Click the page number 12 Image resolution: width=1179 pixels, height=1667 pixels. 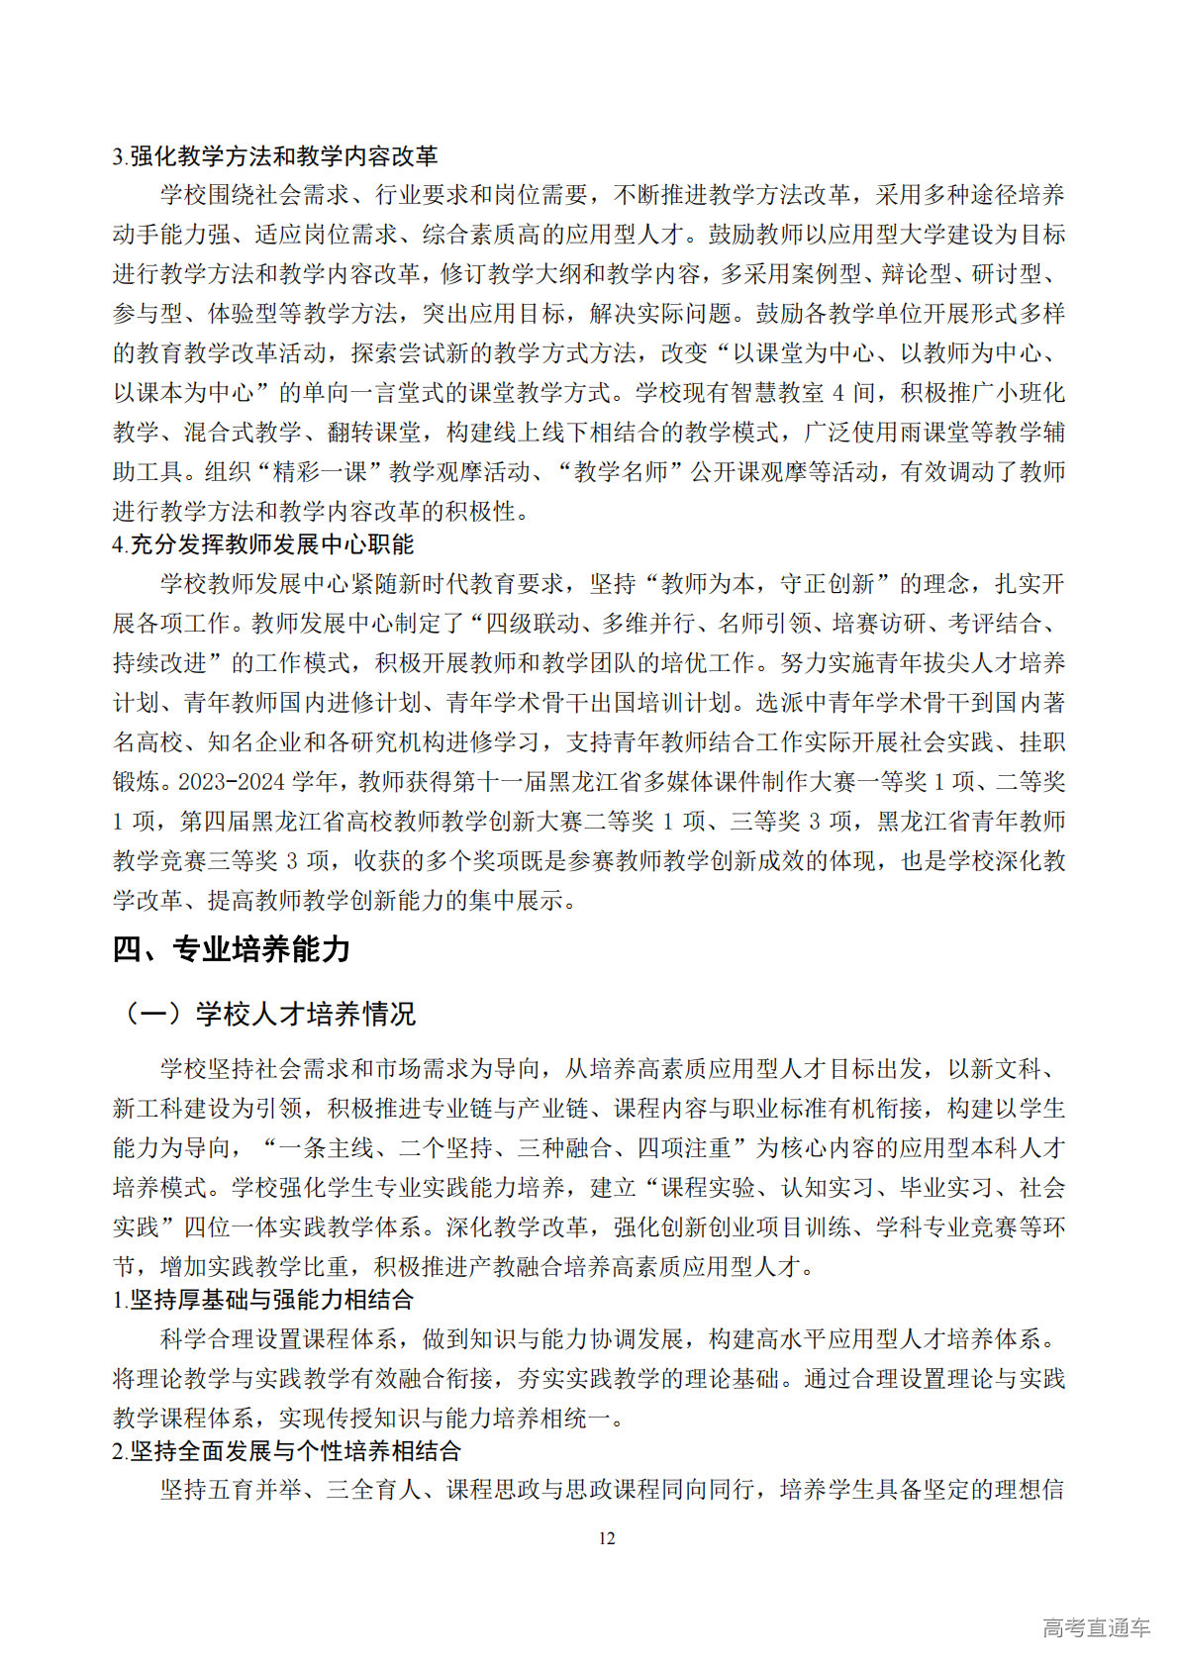(607, 1537)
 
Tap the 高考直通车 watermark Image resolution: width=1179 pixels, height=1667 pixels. (1096, 1626)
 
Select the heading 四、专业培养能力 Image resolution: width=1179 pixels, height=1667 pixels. (232, 949)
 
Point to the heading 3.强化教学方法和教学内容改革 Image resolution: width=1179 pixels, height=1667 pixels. (275, 155)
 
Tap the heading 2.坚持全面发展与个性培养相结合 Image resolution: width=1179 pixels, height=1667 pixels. (287, 1450)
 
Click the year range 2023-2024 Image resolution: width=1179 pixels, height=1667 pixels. (231, 782)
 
